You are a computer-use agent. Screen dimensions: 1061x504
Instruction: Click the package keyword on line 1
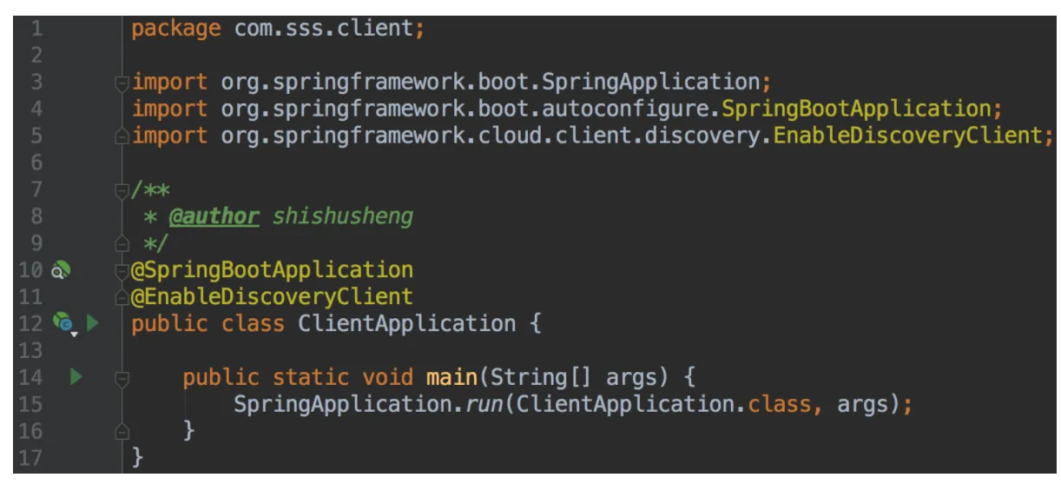point(175,29)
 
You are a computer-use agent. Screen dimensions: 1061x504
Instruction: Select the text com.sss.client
point(324,28)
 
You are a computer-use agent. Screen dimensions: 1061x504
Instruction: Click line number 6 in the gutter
point(36,162)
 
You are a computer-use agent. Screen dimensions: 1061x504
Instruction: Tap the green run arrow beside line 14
point(76,377)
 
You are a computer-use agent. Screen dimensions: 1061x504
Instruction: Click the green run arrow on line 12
point(92,323)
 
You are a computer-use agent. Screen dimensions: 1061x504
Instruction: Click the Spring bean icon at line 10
point(61,270)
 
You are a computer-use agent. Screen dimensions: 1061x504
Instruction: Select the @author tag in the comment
point(214,216)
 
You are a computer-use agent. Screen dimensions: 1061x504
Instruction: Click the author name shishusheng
point(343,216)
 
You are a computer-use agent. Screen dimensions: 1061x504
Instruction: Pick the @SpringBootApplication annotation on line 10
point(272,270)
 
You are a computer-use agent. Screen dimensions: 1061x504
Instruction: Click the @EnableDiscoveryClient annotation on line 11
point(272,297)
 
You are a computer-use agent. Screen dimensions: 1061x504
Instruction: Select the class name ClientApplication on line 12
point(407,324)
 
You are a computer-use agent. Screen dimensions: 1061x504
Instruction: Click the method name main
point(451,377)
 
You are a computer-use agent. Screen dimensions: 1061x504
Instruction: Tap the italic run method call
point(484,405)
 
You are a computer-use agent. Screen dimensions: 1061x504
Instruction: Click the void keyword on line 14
point(387,377)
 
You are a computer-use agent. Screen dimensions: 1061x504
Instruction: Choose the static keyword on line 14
point(311,377)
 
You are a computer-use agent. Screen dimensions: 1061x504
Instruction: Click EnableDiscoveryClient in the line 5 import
point(907,136)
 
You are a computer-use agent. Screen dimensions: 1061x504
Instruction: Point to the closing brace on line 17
point(137,458)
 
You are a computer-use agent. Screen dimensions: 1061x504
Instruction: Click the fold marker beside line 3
point(122,83)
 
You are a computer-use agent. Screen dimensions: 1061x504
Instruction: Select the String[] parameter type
point(541,378)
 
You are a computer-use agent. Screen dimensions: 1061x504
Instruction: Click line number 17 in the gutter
point(30,458)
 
